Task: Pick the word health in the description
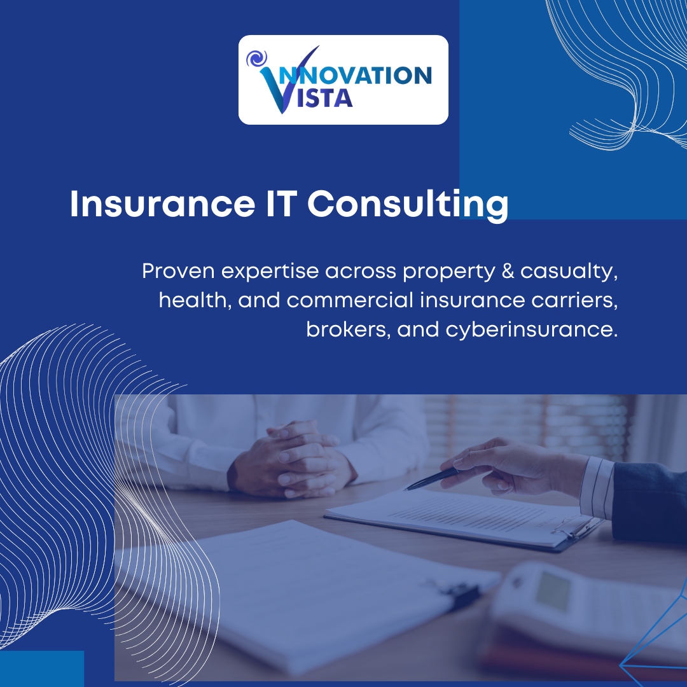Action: pyautogui.click(x=194, y=300)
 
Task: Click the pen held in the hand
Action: pyautogui.click(x=431, y=479)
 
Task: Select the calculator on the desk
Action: pyautogui.click(x=572, y=604)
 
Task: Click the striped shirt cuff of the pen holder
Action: pyautogui.click(x=597, y=487)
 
